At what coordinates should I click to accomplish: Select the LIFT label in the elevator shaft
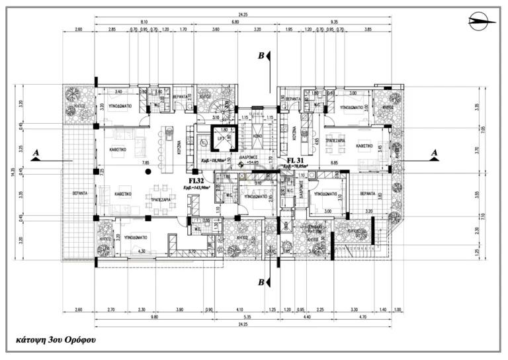[x=222, y=140]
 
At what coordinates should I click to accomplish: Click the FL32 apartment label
[x=196, y=180]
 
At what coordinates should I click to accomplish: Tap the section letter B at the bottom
[x=262, y=283]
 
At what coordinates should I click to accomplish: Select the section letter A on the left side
[x=36, y=153]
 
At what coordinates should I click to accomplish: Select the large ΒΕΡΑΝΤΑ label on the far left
[x=80, y=194]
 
